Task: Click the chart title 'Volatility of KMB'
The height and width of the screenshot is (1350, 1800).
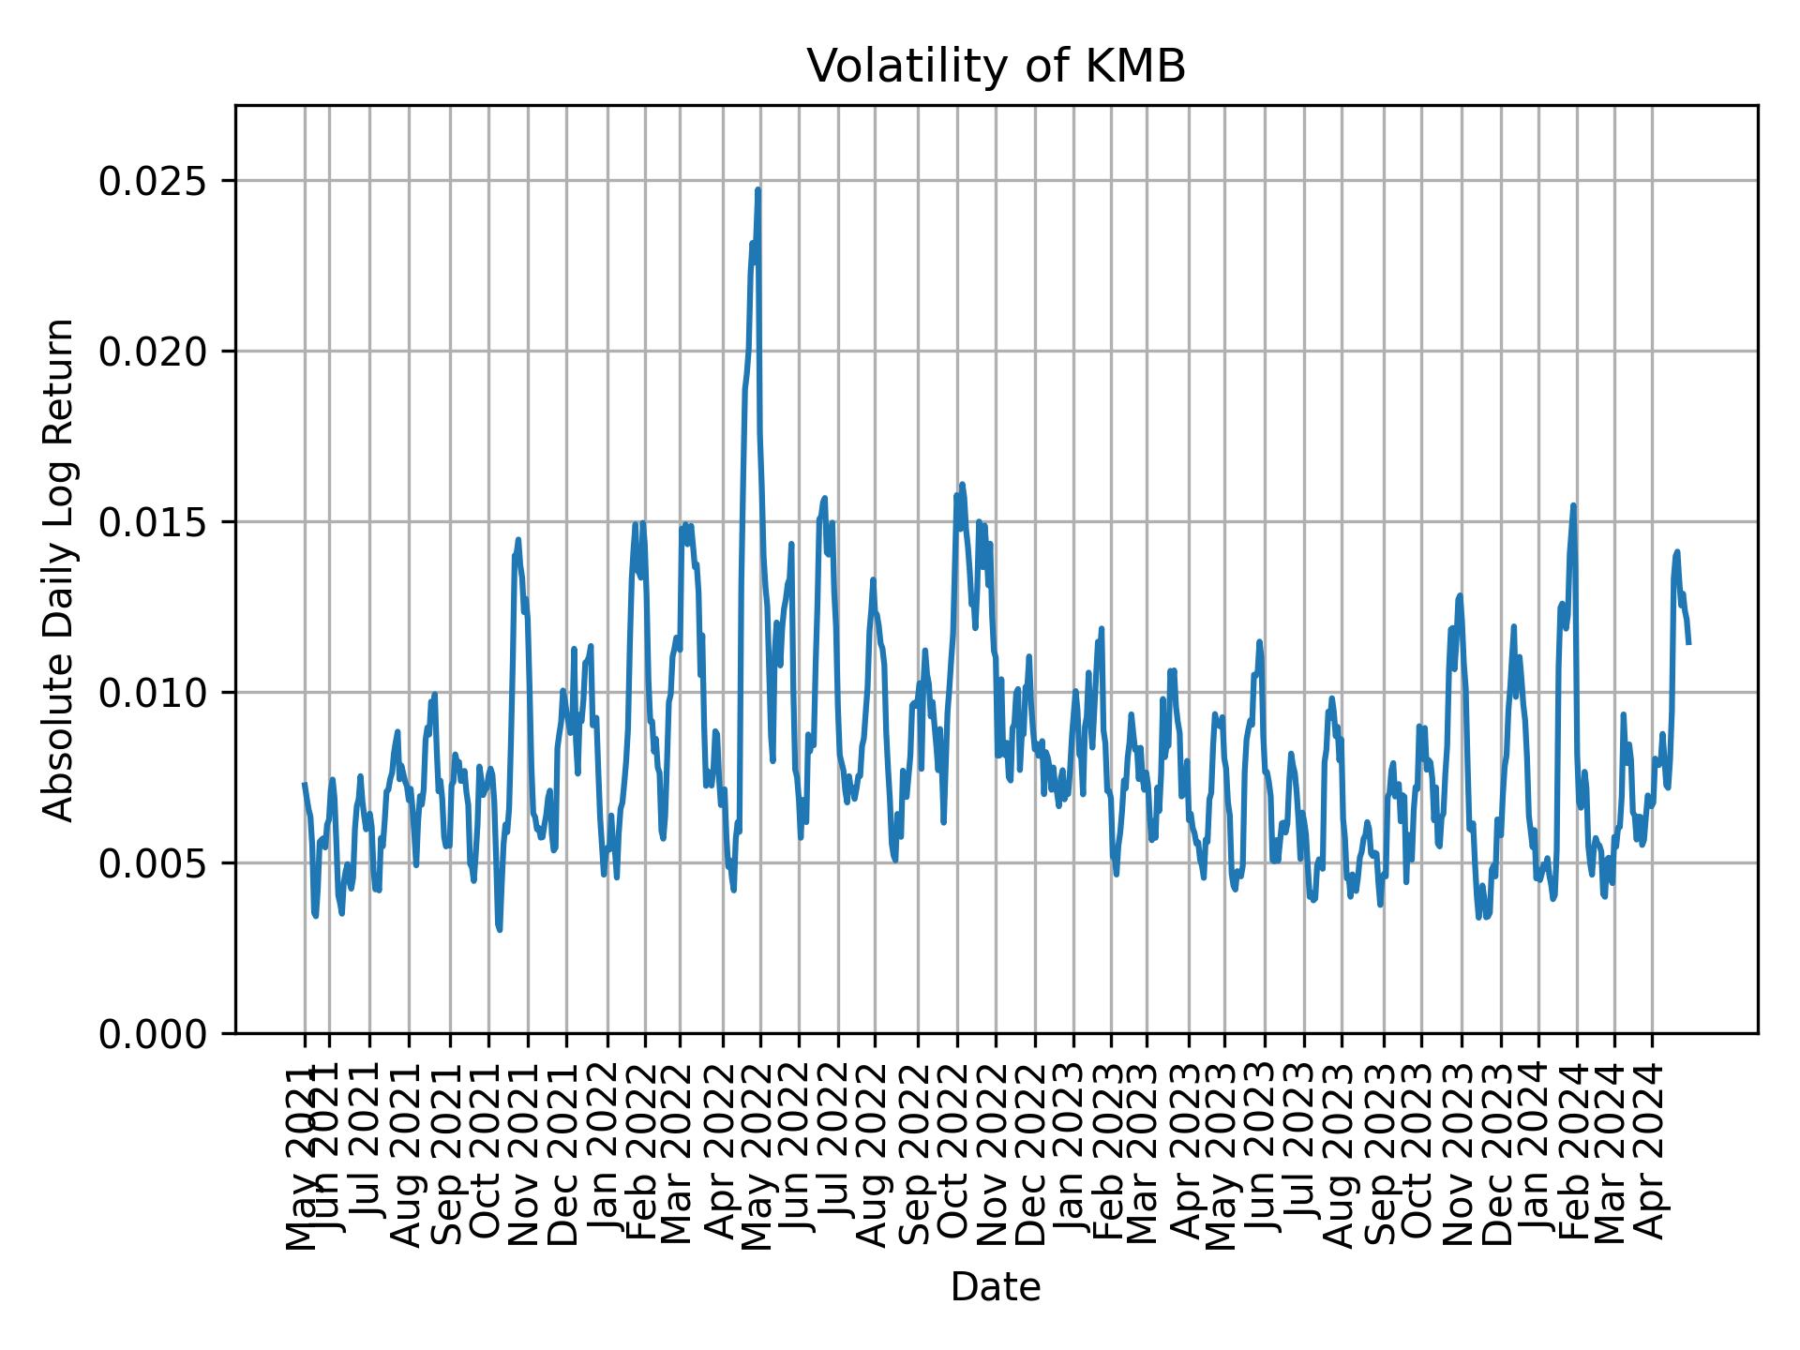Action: (x=996, y=66)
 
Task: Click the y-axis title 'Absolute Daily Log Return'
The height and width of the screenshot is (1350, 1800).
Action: (x=60, y=569)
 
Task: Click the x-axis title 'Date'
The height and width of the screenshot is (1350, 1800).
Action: (x=996, y=1287)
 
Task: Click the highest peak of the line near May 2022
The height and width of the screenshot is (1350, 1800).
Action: (x=757, y=190)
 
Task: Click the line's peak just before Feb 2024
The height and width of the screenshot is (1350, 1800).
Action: (x=1573, y=506)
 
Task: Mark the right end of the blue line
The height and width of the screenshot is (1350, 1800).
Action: (x=1688, y=643)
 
